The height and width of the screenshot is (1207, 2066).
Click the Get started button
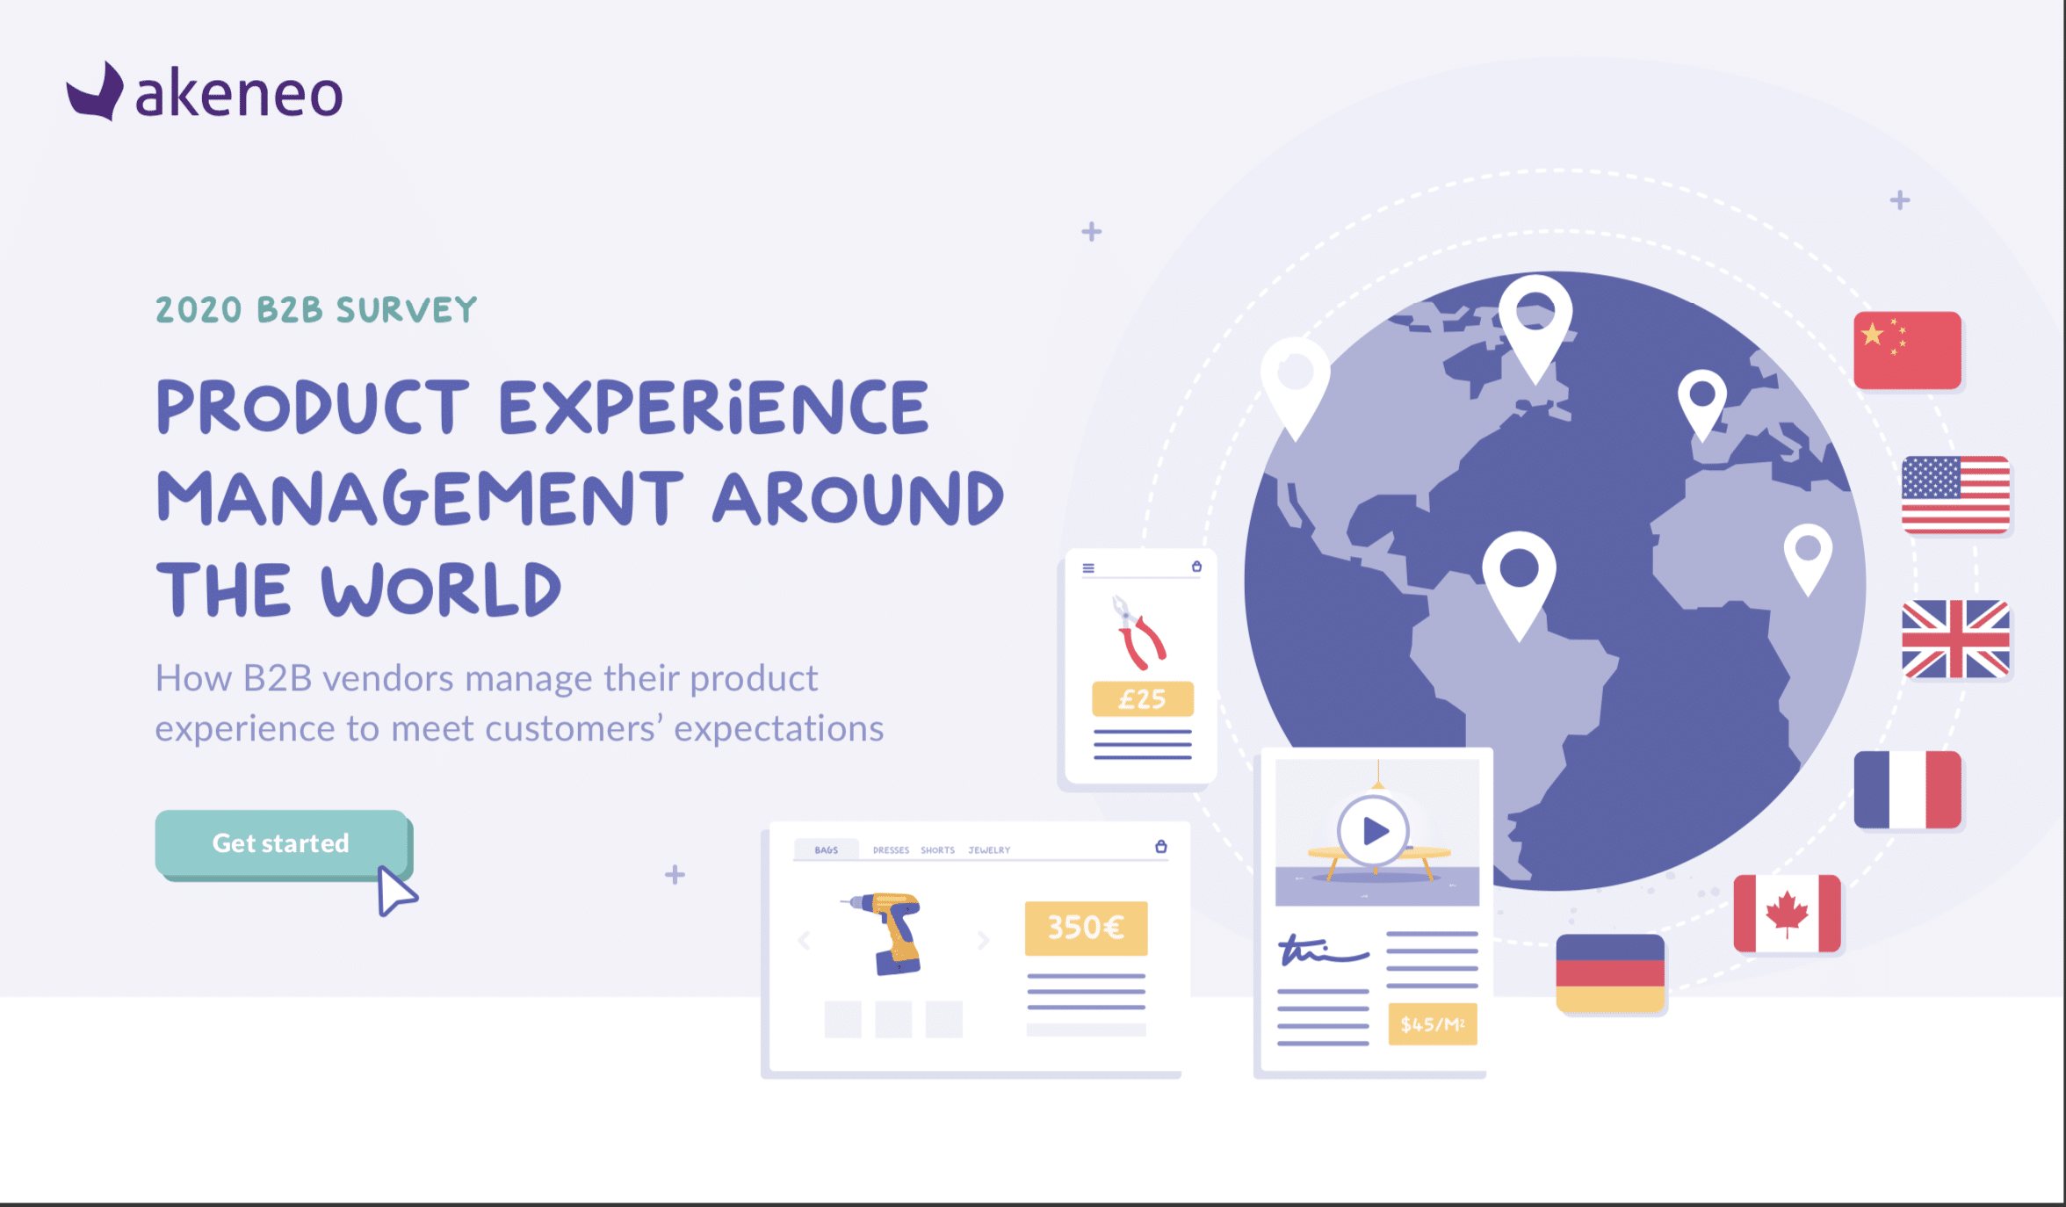coord(282,843)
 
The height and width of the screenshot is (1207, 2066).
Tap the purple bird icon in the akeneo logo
coord(95,91)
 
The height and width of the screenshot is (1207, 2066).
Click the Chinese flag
coord(1907,350)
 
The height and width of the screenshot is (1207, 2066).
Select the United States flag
coord(1955,495)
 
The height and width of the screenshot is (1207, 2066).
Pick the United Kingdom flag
coord(1955,639)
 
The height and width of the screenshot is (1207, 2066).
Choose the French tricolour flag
coord(1907,789)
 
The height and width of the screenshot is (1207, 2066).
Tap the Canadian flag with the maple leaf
coord(1787,913)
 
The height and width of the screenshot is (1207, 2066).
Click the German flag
coord(1610,973)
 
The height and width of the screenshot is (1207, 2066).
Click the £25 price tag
coord(1142,699)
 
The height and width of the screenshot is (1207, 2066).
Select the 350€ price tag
coord(1086,928)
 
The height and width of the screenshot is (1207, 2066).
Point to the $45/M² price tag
coord(1433,1024)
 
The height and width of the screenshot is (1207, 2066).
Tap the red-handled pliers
coord(1139,632)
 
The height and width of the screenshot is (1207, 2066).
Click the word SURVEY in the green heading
coord(407,310)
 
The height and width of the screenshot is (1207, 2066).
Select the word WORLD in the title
coord(441,589)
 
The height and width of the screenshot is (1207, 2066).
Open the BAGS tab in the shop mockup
coord(826,850)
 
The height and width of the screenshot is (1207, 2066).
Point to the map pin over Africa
coord(1808,559)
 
